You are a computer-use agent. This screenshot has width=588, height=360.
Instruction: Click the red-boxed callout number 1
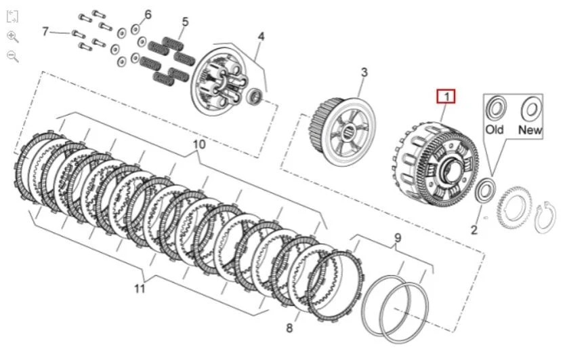coord(446,97)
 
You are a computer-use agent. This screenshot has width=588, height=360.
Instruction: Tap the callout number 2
coord(474,231)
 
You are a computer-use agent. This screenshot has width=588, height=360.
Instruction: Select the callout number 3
coord(364,73)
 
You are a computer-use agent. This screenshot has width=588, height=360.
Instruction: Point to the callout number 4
coord(261,37)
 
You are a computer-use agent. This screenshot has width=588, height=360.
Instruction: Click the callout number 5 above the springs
coord(184,22)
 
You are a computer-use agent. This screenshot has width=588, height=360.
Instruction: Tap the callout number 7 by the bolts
coord(46,31)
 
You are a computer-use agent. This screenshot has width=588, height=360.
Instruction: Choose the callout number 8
coord(289,329)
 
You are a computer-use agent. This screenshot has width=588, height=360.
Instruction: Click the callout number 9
coord(398,238)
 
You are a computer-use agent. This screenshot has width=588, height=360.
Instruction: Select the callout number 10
coord(198,145)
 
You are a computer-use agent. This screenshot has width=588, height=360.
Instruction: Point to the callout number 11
coord(140,289)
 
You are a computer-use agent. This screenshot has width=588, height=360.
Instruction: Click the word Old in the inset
coord(495,129)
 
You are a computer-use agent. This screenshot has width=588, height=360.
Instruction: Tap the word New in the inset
coord(530,129)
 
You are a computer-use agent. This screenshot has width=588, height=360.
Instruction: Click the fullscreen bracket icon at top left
coord(12,16)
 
